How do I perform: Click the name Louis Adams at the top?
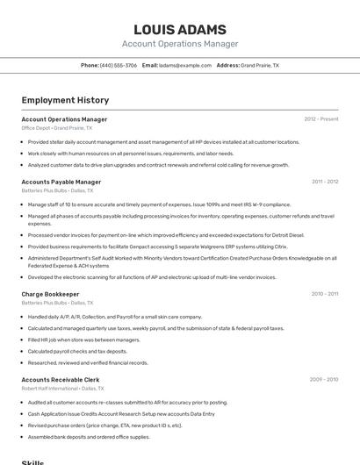click(179, 29)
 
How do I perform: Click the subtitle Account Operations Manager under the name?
click(179, 44)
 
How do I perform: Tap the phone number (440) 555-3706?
click(119, 65)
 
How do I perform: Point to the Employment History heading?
click(65, 100)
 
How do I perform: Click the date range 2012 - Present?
click(320, 118)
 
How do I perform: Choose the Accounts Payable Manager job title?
click(61, 182)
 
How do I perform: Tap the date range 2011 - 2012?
click(324, 182)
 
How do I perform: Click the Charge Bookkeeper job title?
click(50, 294)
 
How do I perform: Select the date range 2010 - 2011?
click(324, 294)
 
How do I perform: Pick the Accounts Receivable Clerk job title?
click(61, 379)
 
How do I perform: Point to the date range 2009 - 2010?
click(324, 379)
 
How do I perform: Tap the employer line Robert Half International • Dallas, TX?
click(62, 388)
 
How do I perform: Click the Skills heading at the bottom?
click(32, 461)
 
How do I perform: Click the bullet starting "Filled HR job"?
click(83, 340)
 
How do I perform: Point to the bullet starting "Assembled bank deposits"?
click(89, 436)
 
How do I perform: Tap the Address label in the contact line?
click(227, 65)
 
